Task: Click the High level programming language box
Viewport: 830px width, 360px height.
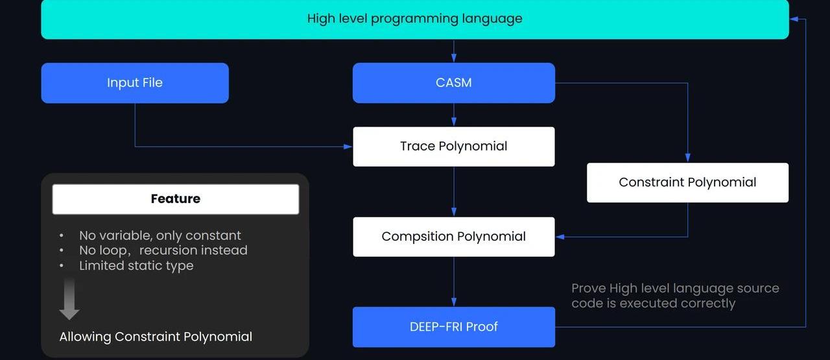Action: pyautogui.click(x=415, y=19)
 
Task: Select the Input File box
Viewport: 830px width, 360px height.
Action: pyautogui.click(x=135, y=83)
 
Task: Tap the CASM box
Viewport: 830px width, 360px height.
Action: pyautogui.click(x=454, y=83)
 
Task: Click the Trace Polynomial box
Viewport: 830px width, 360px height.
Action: pyautogui.click(x=454, y=147)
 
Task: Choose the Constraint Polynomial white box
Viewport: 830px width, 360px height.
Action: pyautogui.click(x=687, y=183)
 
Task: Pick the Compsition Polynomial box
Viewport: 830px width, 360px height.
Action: pyautogui.click(x=454, y=237)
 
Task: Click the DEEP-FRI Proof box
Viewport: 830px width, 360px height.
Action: pyautogui.click(x=454, y=327)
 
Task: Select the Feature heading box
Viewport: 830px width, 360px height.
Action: pyautogui.click(x=175, y=199)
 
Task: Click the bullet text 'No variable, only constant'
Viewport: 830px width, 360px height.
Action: pyautogui.click(x=160, y=235)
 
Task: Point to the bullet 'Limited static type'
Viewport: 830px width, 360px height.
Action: pyautogui.click(x=136, y=265)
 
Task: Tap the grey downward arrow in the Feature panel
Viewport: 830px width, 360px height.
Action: pyautogui.click(x=69, y=300)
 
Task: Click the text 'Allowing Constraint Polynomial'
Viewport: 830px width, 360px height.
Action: pyautogui.click(x=156, y=337)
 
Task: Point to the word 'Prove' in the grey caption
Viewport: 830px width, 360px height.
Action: pyautogui.click(x=588, y=288)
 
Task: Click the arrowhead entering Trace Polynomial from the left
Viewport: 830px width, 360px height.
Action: pyautogui.click(x=348, y=147)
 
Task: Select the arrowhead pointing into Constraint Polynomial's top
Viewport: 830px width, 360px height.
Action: pyautogui.click(x=687, y=158)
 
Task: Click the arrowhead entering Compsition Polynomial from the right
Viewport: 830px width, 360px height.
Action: pyautogui.click(x=560, y=237)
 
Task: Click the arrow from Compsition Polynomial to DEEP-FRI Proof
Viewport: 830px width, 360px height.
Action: pyautogui.click(x=454, y=282)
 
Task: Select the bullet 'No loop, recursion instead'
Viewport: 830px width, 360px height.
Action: pyautogui.click(x=163, y=250)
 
